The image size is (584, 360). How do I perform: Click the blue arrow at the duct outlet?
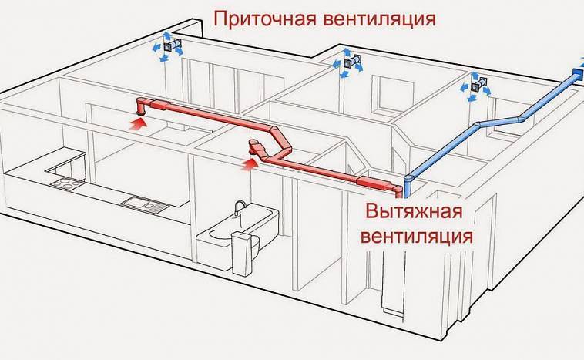coord(576,73)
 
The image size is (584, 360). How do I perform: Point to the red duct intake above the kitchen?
coord(143,103)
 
